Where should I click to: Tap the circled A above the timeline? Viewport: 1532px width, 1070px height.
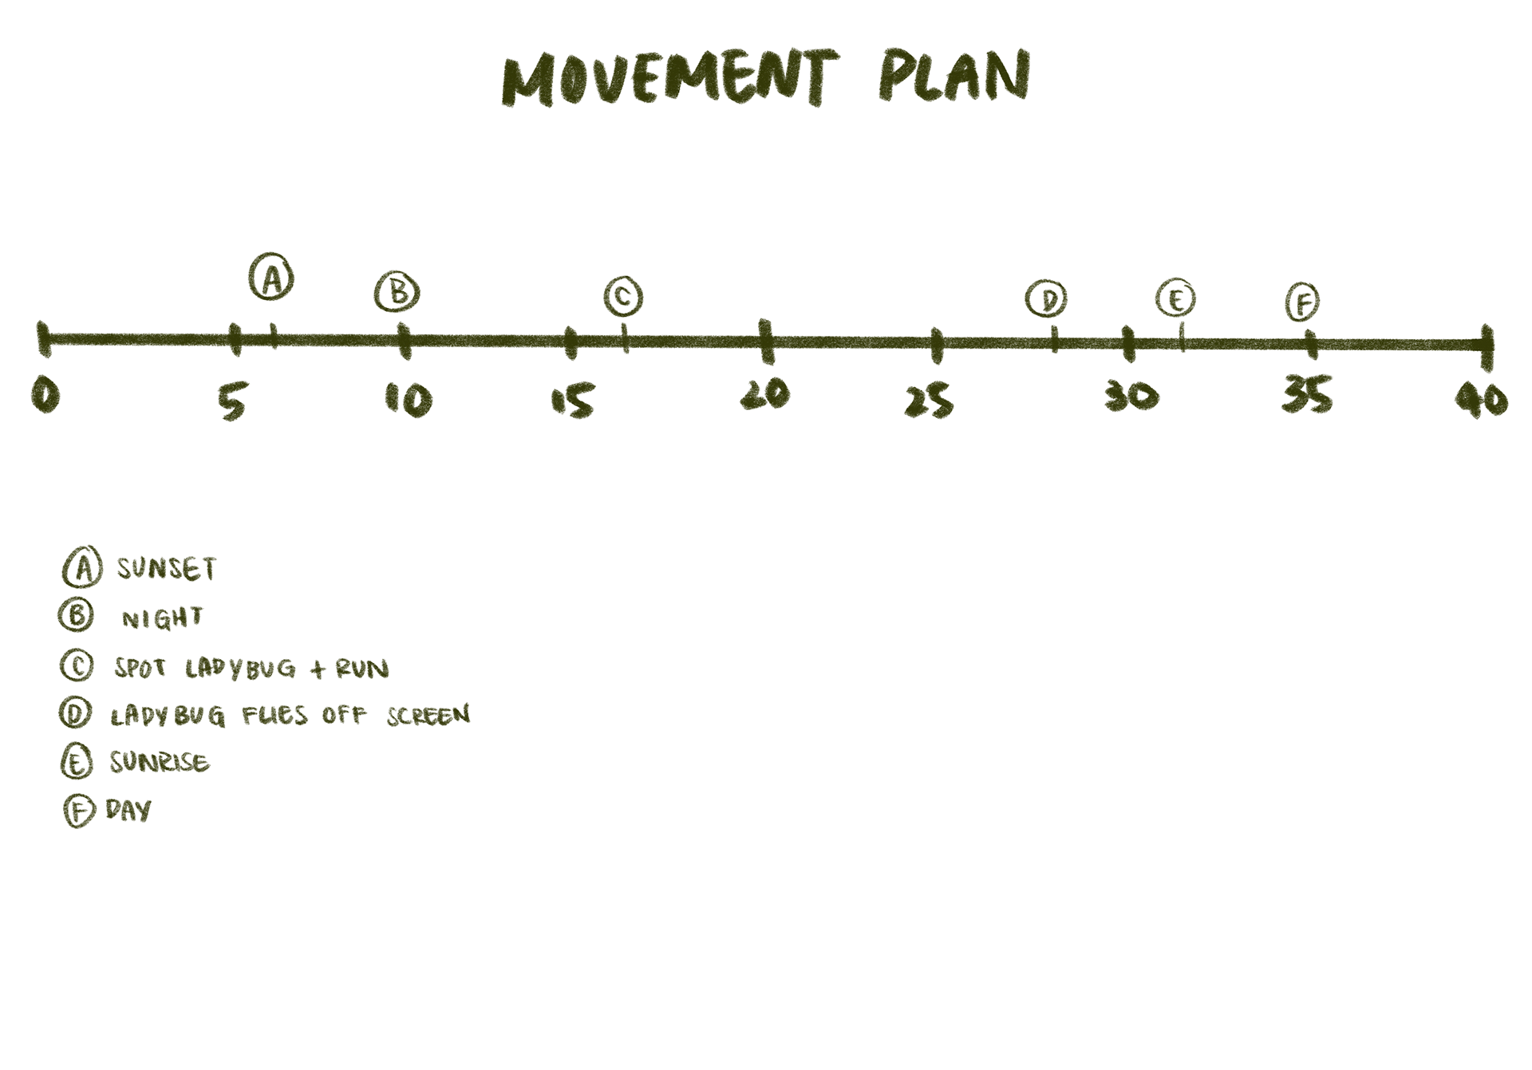[x=271, y=278]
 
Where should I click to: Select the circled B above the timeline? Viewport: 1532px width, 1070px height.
[x=397, y=292]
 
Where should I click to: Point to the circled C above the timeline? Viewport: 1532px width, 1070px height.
[x=623, y=297]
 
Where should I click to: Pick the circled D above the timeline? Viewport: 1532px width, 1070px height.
[x=1046, y=299]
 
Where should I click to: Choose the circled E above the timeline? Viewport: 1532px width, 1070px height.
[x=1175, y=299]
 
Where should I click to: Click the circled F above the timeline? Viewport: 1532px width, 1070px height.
[x=1302, y=302]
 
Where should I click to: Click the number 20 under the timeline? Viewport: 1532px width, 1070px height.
[x=765, y=394]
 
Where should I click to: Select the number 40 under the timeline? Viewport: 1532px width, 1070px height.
[x=1482, y=399]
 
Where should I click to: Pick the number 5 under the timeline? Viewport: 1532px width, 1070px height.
[x=233, y=400]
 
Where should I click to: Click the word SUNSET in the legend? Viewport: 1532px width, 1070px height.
[x=167, y=568]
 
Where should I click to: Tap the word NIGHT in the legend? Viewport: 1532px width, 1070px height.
[x=162, y=618]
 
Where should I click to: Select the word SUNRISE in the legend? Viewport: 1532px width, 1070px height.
[x=160, y=762]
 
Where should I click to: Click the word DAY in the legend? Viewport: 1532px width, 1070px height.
[x=128, y=811]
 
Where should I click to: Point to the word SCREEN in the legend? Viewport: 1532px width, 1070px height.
[x=428, y=715]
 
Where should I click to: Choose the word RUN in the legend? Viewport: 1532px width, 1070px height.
[x=362, y=668]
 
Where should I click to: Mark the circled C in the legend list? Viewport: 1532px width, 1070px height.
[x=77, y=665]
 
